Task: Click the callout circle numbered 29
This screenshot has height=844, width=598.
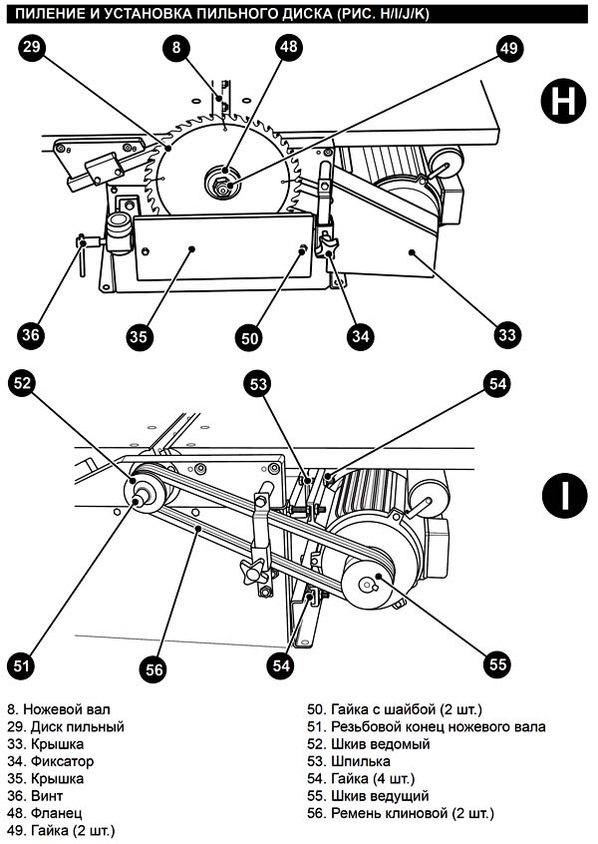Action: [31, 47]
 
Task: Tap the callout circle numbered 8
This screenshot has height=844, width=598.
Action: [177, 47]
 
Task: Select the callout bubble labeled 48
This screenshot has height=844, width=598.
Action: [289, 47]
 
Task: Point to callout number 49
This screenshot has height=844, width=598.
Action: [508, 49]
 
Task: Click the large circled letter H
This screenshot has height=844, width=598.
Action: [563, 101]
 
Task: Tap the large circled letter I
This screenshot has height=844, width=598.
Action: [564, 495]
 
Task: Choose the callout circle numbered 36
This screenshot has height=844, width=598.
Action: [31, 335]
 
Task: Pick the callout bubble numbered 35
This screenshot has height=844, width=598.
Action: [139, 337]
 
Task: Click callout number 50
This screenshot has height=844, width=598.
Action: [249, 338]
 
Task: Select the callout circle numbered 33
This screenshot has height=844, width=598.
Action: [507, 335]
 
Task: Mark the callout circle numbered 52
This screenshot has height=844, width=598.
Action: [22, 383]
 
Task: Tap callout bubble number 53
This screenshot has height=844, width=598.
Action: [259, 384]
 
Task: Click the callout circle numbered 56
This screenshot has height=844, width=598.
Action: [153, 669]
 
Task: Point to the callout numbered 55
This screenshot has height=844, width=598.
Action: [497, 664]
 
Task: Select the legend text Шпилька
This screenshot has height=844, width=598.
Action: [361, 761]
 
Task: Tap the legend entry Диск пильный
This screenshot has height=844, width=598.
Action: [78, 727]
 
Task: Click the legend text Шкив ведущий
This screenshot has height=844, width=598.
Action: [380, 796]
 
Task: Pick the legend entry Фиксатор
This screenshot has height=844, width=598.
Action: [63, 761]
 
